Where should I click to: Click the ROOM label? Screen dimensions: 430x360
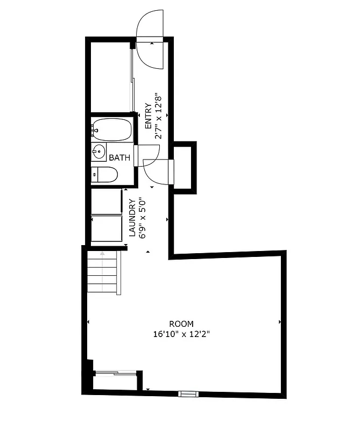(181, 324)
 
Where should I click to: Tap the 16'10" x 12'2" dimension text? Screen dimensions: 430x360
(181, 334)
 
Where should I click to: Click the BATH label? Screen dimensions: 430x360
(119, 158)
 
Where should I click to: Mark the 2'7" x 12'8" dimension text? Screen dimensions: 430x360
(158, 116)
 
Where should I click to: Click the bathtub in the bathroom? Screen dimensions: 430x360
(111, 130)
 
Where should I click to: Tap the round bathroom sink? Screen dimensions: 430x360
(99, 152)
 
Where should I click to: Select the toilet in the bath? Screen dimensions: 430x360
(104, 174)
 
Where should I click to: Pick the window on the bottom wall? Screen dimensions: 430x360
(188, 394)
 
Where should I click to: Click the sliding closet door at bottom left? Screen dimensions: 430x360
(115, 371)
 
